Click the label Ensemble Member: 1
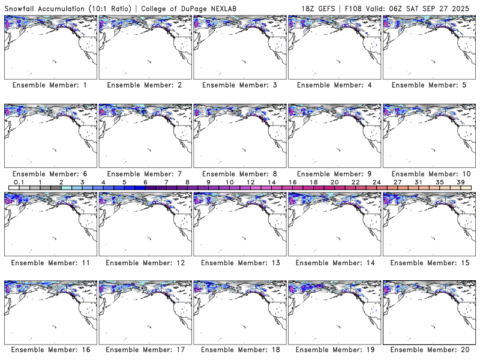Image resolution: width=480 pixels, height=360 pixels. click(49, 85)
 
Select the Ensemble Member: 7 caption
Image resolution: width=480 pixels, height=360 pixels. click(144, 173)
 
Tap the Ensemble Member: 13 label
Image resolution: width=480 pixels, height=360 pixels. click(239, 262)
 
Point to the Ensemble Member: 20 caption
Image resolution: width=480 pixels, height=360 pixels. click(428, 350)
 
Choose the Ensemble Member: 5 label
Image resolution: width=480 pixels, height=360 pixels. click(428, 85)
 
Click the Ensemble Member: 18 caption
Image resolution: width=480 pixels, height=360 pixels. click(239, 350)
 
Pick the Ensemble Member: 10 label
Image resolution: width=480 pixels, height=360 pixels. click(428, 173)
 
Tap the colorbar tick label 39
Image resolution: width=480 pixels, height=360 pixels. click(461, 182)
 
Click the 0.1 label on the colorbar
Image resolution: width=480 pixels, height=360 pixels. click(19, 182)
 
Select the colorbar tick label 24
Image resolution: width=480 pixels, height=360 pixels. click(376, 182)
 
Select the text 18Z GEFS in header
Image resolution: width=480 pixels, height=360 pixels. click(319, 8)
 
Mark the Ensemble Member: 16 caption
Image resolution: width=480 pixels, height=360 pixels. click(49, 350)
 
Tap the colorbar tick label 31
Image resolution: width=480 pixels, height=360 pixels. click(419, 182)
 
